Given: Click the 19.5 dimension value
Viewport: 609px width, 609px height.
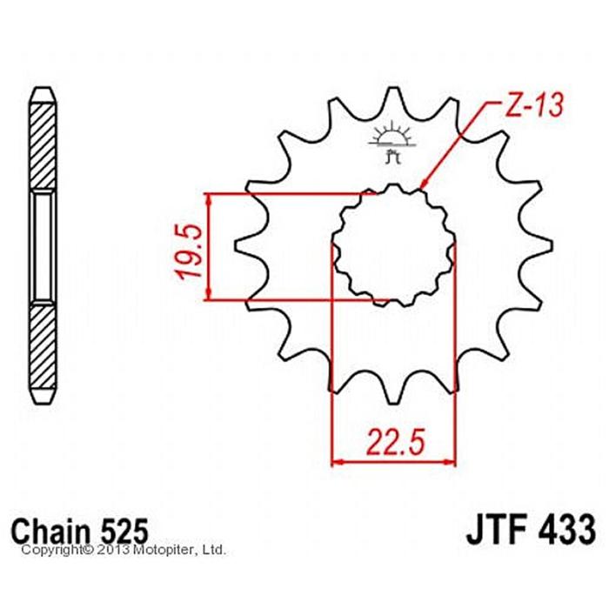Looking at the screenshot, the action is point(191,251).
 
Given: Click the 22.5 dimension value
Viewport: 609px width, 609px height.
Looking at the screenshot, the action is point(395,442).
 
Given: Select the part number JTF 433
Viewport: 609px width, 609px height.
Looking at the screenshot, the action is point(531,530).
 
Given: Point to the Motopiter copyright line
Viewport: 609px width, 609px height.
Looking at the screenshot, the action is point(124,550).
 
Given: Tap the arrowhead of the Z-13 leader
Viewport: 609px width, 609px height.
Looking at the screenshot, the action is point(425,184).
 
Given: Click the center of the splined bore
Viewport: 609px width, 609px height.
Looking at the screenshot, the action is point(393,245).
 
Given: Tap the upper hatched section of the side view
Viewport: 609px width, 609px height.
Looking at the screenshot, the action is point(42,148).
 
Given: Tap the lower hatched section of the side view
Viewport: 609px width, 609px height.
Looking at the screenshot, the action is point(42,346).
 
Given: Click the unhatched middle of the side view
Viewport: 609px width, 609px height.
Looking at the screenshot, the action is point(42,247).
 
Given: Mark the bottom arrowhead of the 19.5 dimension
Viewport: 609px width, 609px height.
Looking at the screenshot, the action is point(210,293).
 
